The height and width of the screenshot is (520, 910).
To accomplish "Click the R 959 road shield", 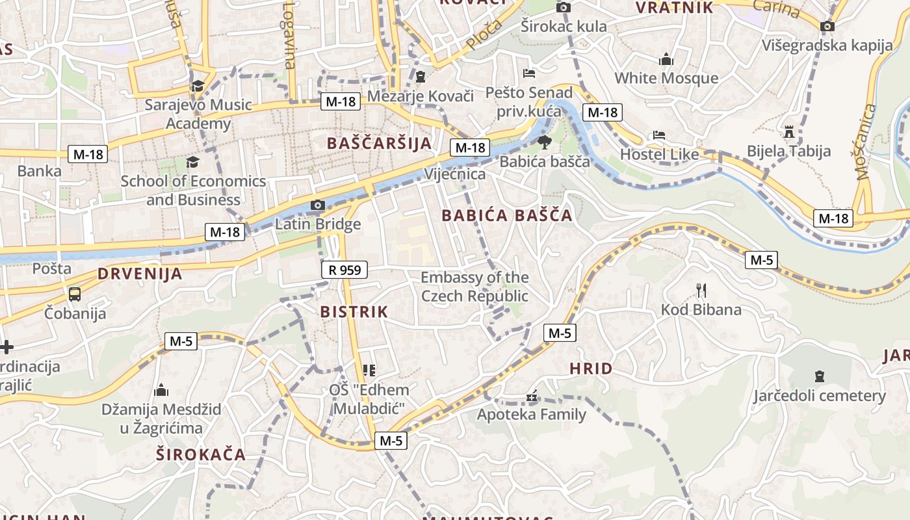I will (344, 269).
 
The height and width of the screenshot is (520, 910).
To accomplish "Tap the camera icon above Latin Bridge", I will (317, 205).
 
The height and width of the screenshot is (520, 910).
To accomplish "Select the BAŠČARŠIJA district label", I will (380, 143).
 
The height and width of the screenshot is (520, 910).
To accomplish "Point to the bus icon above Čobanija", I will (75, 294).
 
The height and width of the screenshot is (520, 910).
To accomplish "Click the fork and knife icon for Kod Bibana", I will (701, 290).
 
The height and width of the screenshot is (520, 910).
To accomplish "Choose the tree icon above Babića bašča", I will (544, 142).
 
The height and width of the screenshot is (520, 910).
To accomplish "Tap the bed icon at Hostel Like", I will (659, 135).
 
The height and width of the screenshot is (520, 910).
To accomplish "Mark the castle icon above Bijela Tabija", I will (789, 132).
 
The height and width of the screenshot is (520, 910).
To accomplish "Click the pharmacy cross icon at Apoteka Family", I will (532, 396).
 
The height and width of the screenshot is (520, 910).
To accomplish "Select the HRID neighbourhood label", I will (591, 369).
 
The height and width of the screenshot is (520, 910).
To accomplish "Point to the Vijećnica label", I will (454, 174).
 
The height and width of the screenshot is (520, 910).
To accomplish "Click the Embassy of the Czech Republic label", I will (474, 287).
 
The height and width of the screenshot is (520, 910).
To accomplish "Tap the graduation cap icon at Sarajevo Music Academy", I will (198, 86).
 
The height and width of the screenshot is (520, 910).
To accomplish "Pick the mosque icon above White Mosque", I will (666, 60).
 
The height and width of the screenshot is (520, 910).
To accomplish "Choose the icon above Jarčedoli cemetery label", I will (819, 376).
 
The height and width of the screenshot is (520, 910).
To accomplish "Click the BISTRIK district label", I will (354, 312).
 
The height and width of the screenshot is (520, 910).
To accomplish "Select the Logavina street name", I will (289, 35).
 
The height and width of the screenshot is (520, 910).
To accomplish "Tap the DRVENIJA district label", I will (140, 274).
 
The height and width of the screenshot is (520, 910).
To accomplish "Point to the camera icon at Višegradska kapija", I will (827, 26).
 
